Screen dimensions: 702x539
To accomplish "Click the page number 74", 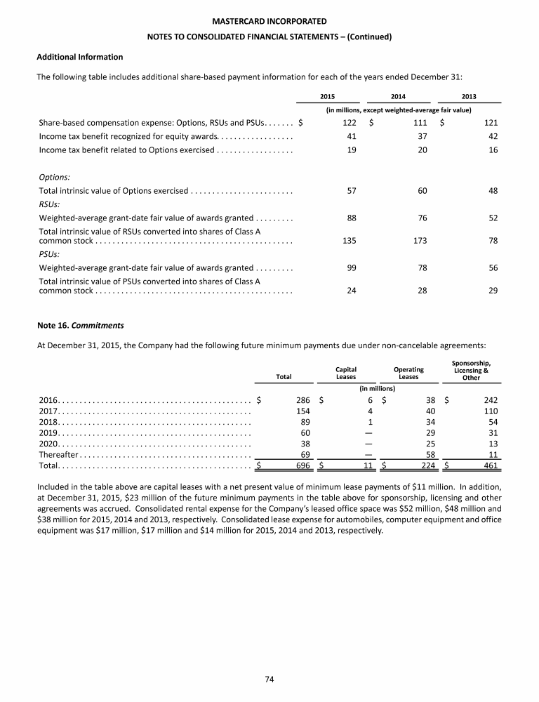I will [269, 678].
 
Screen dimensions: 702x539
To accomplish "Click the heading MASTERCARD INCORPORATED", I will [269, 22].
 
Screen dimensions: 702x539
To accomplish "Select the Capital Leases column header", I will [346, 373].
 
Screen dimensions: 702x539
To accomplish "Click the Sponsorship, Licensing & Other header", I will [471, 369].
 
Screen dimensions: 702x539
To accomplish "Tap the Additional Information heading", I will [79, 57].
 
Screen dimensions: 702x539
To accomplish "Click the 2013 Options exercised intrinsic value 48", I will [493, 191].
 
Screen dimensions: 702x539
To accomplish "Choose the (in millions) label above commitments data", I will [378, 388].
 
